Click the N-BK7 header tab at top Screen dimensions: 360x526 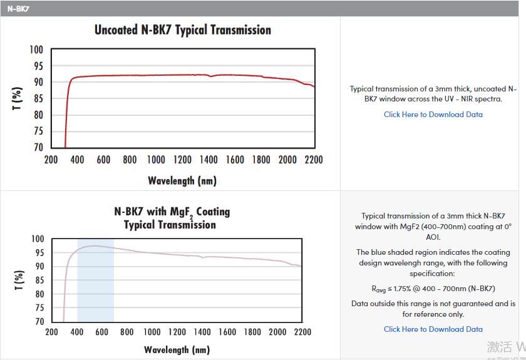[18, 9]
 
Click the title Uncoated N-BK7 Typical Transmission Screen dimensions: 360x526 [182, 30]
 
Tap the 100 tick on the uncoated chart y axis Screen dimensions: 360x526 [36, 50]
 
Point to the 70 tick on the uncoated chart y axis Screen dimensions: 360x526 [38, 148]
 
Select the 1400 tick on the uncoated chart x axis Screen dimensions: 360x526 [209, 160]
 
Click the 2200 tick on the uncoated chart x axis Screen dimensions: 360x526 [314, 160]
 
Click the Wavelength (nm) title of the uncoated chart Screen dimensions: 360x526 [182, 181]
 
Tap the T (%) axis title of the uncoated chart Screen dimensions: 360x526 [18, 99]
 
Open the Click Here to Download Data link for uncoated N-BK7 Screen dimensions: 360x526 [433, 115]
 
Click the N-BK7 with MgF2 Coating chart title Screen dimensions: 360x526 [172, 218]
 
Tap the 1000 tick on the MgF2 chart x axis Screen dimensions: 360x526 [152, 332]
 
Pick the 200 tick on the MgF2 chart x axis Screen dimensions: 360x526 [51, 332]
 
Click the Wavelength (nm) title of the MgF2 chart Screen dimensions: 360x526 [177, 349]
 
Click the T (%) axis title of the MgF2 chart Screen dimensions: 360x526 [19, 280]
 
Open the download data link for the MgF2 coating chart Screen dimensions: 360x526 [433, 329]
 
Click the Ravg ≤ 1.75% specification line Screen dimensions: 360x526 [433, 289]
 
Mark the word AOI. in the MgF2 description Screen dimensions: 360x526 [433, 237]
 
